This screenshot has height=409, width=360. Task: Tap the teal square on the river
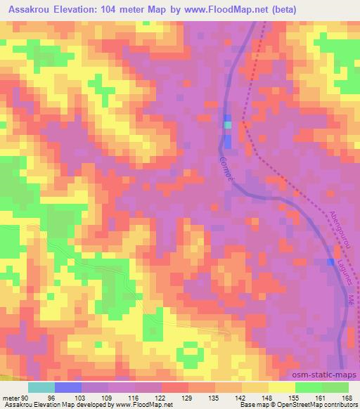pyautogui.click(x=227, y=125)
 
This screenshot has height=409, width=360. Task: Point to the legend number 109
pyautogui.click(x=110, y=397)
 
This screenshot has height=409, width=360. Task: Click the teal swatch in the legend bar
pyautogui.click(x=41, y=387)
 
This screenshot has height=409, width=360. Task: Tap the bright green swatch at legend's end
pyautogui.click(x=335, y=387)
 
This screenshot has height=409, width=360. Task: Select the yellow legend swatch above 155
pyautogui.click(x=282, y=387)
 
